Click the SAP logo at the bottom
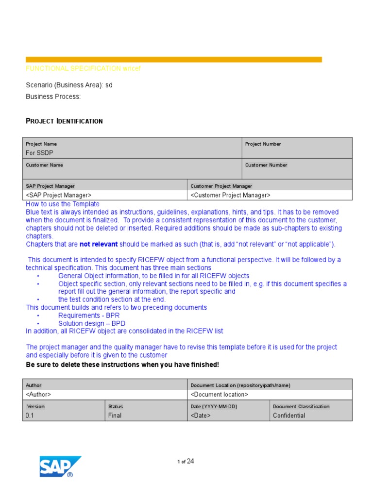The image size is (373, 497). (60, 467)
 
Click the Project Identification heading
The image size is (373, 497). (64, 121)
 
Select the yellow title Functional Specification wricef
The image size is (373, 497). (83, 69)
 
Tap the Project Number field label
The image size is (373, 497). (263, 144)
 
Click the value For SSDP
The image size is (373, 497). (39, 153)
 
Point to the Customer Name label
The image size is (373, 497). (44, 165)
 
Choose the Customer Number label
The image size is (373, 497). (266, 165)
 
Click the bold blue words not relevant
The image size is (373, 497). (99, 244)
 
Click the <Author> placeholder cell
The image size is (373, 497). (38, 395)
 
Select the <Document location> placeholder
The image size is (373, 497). (219, 395)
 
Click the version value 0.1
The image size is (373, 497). (30, 415)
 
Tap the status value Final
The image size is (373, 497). (115, 415)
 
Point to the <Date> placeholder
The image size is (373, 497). (201, 415)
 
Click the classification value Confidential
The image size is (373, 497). (289, 415)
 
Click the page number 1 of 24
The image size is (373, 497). (186, 462)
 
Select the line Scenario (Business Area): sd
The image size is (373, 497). (69, 85)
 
